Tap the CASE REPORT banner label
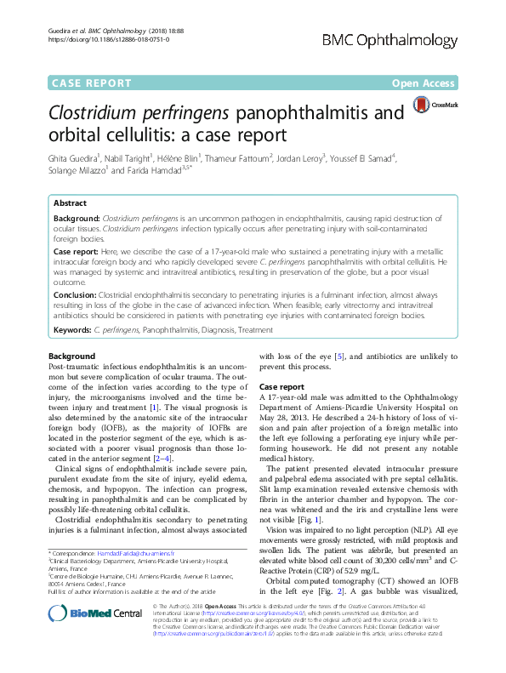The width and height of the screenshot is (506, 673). (x=92, y=83)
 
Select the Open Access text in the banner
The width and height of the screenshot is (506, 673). (x=424, y=83)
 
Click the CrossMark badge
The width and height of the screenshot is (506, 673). (x=435, y=105)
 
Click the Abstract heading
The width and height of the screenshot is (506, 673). (x=71, y=204)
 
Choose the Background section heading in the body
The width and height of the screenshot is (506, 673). (x=72, y=355)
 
